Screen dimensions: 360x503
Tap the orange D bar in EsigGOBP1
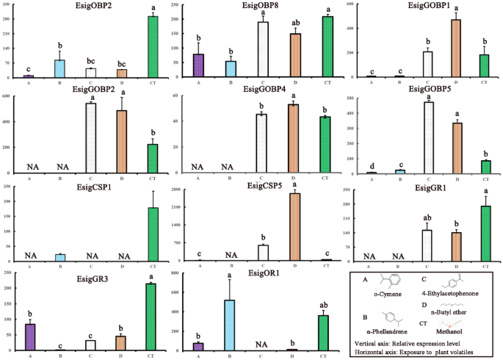coord(455,48)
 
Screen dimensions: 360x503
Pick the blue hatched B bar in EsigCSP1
coord(60,257)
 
